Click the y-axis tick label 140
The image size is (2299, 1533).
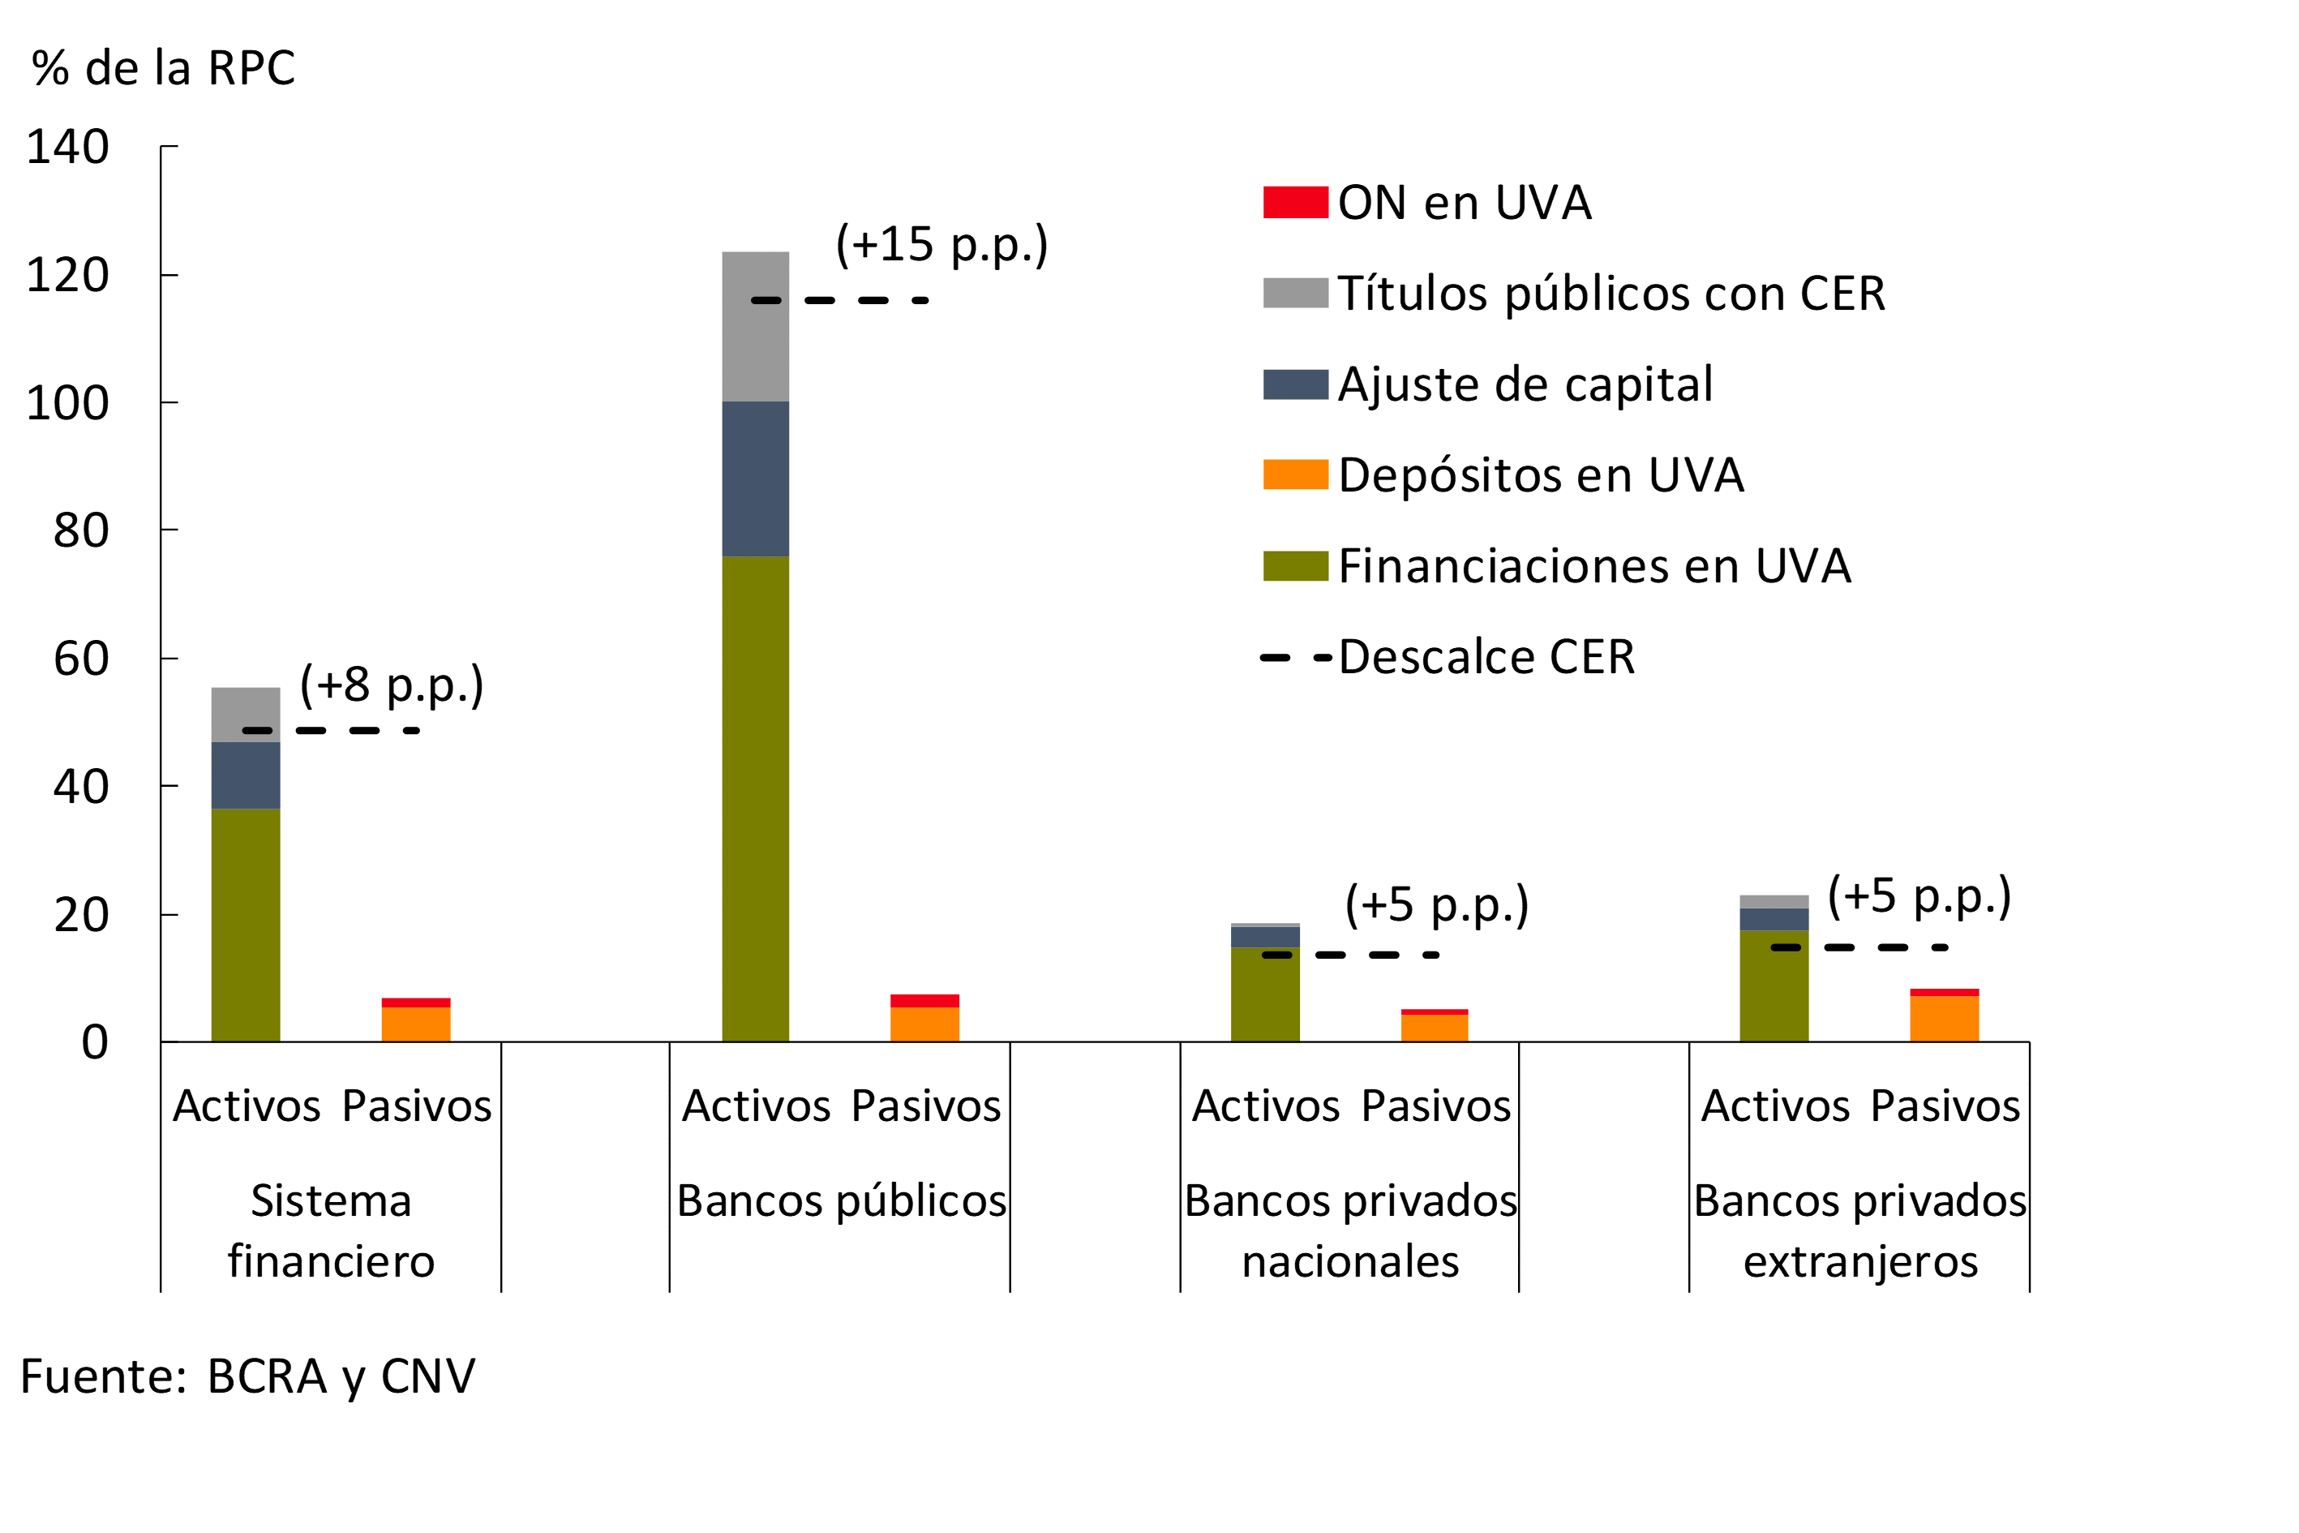point(67,148)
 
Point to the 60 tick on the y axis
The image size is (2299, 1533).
point(80,659)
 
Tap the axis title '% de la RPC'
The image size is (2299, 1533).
point(162,68)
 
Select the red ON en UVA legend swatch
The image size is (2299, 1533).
point(1295,203)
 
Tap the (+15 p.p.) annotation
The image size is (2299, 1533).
point(941,243)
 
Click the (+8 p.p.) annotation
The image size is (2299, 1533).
point(391,685)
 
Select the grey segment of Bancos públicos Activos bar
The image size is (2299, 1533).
point(756,327)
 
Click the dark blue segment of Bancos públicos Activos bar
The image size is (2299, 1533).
point(756,479)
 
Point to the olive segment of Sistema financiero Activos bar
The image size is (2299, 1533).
point(246,924)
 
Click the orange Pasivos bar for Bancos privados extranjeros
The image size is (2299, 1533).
point(1944,1019)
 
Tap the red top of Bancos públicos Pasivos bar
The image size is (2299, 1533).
point(924,1000)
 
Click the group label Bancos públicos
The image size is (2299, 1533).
point(841,1200)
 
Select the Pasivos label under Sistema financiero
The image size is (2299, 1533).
point(416,1106)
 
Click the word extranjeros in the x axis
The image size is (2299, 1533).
point(1860,1262)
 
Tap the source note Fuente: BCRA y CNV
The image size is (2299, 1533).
point(247,1376)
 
